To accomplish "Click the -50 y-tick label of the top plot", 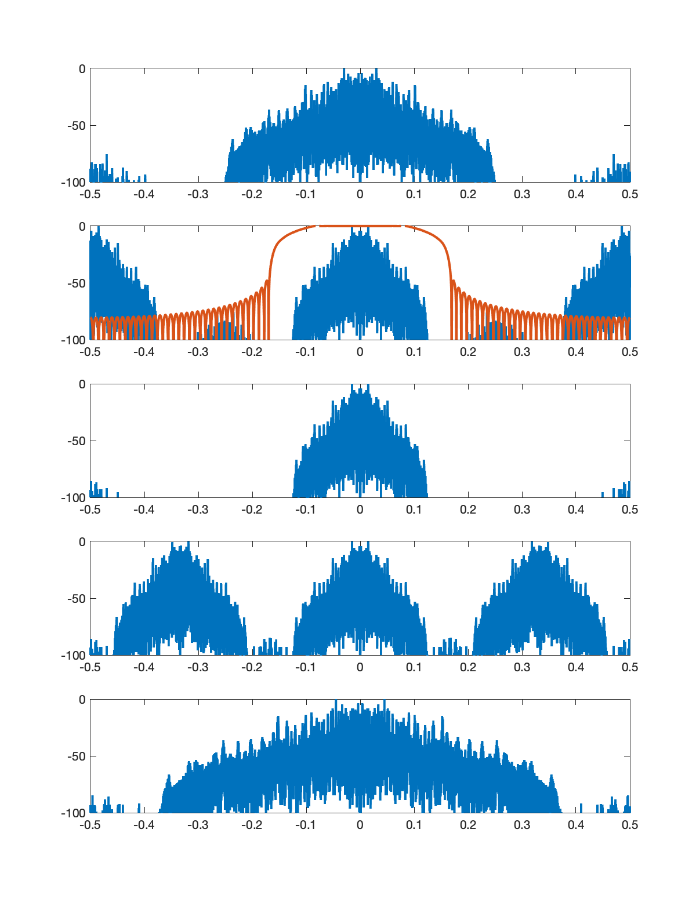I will pyautogui.click(x=76, y=126).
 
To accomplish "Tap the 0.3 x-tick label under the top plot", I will pyautogui.click(x=522, y=194).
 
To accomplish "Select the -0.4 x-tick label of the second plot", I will pyautogui.click(x=144, y=352).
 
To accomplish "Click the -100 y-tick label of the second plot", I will pyautogui.click(x=73, y=340).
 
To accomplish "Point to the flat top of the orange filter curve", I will pyautogui.click(x=360, y=226).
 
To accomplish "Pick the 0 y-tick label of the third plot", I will pyautogui.click(x=82, y=384).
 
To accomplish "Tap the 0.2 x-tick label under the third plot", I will pyautogui.click(x=468, y=510).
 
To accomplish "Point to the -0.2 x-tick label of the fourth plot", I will pyautogui.click(x=252, y=667).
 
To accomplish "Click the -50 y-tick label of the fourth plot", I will pyautogui.click(x=76, y=599).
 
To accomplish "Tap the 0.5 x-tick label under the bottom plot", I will pyautogui.click(x=630, y=825).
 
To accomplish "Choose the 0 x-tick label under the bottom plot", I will pyautogui.click(x=360, y=825).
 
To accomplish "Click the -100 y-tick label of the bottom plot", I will pyautogui.click(x=73, y=813).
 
